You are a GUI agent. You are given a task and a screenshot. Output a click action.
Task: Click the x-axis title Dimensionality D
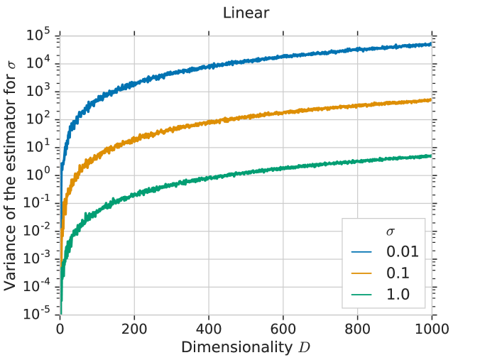click(x=245, y=347)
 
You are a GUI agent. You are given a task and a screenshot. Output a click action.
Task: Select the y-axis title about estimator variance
click(x=11, y=174)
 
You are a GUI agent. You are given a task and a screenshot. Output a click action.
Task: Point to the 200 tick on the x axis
click(x=134, y=329)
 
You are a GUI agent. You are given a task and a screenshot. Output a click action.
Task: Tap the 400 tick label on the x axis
click(x=209, y=329)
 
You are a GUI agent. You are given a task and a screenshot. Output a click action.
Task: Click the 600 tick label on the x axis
click(x=283, y=329)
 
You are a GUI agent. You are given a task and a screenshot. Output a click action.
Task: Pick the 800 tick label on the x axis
click(x=358, y=329)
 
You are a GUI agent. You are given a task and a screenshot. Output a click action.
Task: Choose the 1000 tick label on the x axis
click(x=432, y=329)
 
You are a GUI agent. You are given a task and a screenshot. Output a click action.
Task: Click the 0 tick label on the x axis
click(x=60, y=329)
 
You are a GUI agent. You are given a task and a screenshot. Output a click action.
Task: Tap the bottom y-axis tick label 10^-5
click(x=40, y=313)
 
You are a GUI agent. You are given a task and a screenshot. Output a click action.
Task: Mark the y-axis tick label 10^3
click(x=41, y=91)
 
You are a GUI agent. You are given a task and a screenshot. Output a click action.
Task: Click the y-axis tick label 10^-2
click(x=40, y=230)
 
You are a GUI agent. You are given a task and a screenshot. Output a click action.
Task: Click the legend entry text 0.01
click(x=403, y=251)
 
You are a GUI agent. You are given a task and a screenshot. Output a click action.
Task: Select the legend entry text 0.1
click(x=398, y=273)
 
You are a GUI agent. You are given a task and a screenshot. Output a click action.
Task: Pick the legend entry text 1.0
click(x=398, y=294)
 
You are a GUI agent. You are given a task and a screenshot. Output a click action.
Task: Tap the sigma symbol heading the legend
click(x=391, y=231)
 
